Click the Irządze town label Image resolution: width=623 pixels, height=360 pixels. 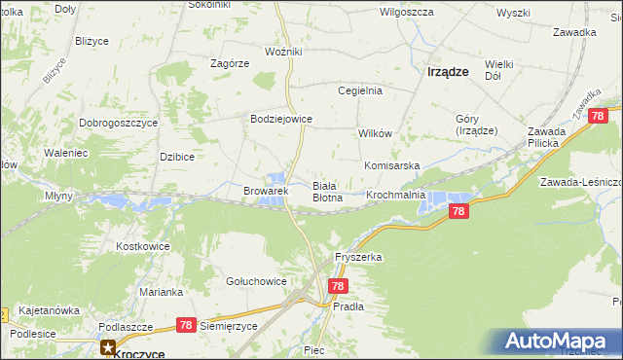point(449,71)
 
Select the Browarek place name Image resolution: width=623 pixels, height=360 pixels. point(266,192)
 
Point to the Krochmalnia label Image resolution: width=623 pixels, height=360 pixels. point(395,195)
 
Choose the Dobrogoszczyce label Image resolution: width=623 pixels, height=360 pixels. point(119,124)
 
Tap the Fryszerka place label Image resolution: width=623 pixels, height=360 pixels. point(358,257)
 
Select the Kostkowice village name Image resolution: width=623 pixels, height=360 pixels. point(143,246)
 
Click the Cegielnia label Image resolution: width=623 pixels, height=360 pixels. point(360,90)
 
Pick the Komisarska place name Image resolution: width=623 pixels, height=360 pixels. point(391,165)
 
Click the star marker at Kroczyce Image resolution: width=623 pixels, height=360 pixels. point(109,345)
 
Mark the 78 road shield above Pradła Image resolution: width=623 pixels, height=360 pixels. point(338,286)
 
